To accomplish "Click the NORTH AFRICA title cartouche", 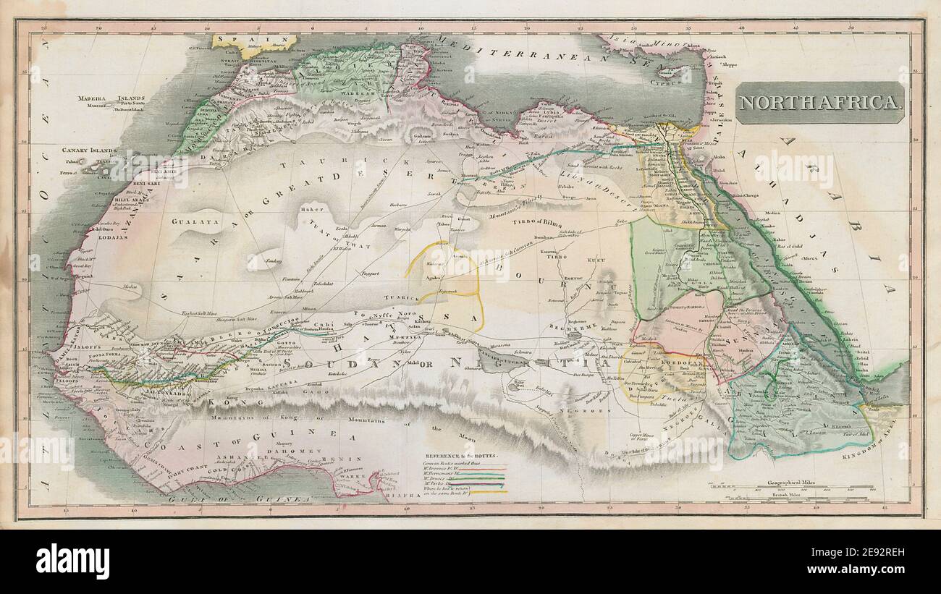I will click(x=821, y=103).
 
